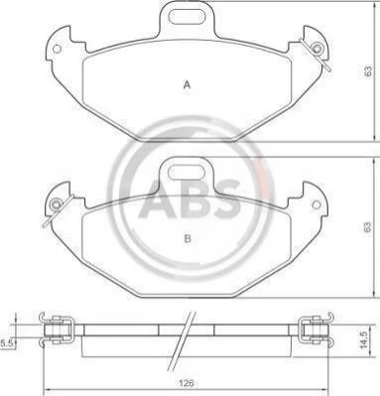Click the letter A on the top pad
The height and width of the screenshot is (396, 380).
pos(188,85)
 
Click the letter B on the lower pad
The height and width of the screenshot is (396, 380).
pos(188,238)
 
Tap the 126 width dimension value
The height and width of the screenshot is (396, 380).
pos(186,383)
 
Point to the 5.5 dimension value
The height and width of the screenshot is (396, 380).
pos(6,343)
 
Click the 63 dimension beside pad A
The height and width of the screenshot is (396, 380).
pos(368,70)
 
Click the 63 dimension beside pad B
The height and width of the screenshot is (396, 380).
pos(367,227)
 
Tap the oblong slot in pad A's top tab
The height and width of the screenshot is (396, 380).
pos(187,16)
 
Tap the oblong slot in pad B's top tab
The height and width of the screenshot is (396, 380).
pos(187,172)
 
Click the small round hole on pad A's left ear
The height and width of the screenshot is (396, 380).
pos(57,49)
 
